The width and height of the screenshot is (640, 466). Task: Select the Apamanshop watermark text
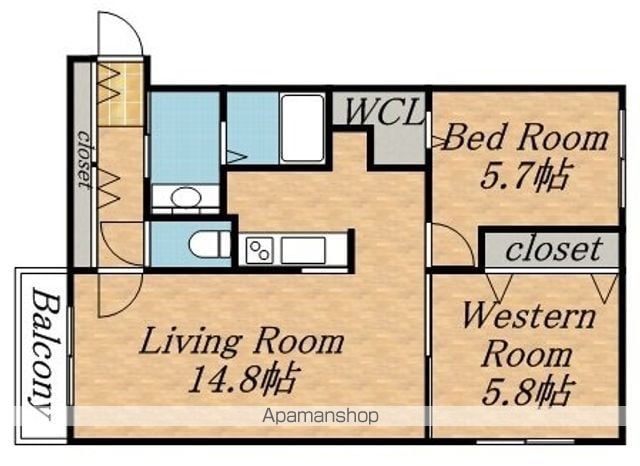[x=320, y=416]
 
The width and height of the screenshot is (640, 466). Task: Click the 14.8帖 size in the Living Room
[x=244, y=379]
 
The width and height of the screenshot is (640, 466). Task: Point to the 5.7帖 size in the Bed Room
[x=524, y=177]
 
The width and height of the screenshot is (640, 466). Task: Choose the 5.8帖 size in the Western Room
[x=528, y=392]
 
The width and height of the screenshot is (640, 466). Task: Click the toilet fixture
[x=209, y=244]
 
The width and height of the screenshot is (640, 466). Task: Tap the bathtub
[x=302, y=128]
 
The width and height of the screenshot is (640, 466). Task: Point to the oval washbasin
[x=186, y=197]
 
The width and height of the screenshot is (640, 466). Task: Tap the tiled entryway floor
[x=120, y=94]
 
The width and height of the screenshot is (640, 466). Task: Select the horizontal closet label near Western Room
[x=554, y=249]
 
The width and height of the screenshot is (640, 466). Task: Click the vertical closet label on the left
[x=84, y=160]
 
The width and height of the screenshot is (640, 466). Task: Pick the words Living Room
[x=242, y=342]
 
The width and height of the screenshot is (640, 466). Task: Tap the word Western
[x=528, y=317]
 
